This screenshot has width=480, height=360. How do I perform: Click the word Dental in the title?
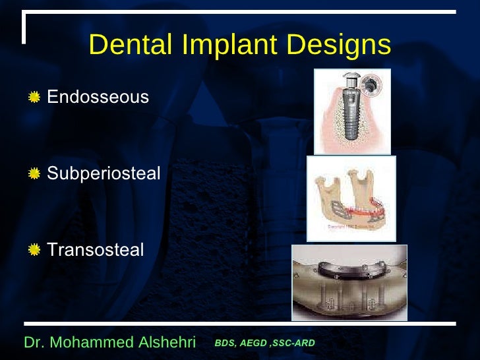[123, 45]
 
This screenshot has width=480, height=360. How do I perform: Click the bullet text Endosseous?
[98, 98]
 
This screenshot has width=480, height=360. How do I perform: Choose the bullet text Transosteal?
[96, 250]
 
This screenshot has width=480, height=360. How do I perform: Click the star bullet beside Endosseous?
[34, 98]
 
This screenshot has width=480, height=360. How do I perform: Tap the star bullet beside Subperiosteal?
[34, 174]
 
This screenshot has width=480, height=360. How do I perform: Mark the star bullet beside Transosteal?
[34, 251]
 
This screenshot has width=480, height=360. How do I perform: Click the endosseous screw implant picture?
[352, 111]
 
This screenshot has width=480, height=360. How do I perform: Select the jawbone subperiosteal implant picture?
[351, 198]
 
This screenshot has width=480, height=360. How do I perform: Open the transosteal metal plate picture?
[349, 282]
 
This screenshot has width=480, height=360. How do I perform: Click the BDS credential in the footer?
[225, 344]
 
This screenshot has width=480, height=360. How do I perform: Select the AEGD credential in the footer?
[253, 344]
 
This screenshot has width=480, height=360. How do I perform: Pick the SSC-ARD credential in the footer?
[295, 344]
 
